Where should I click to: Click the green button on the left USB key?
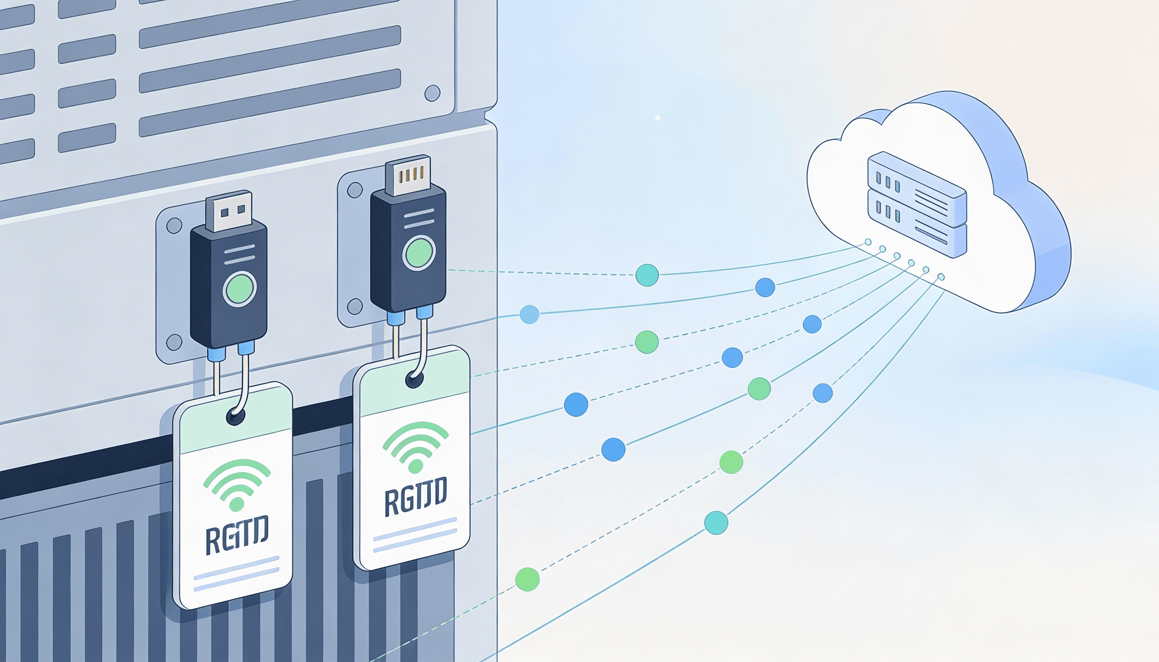pyautogui.click(x=239, y=289)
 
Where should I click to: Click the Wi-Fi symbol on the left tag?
pyautogui.click(x=237, y=483)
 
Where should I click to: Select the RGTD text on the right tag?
pyautogui.click(x=415, y=496)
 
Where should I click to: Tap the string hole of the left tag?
pyautogui.click(x=235, y=416)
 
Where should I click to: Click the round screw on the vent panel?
pyautogui.click(x=432, y=93)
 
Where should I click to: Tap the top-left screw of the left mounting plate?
pyautogui.click(x=174, y=225)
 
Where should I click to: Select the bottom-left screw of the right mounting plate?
pyautogui.click(x=355, y=307)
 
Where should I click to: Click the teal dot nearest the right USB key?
pyautogui.click(x=647, y=275)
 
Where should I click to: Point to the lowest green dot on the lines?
pyautogui.click(x=527, y=579)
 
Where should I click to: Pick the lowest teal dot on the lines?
pyautogui.click(x=716, y=522)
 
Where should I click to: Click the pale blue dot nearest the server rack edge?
pyautogui.click(x=529, y=314)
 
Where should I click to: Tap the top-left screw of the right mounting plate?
pyautogui.click(x=355, y=190)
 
